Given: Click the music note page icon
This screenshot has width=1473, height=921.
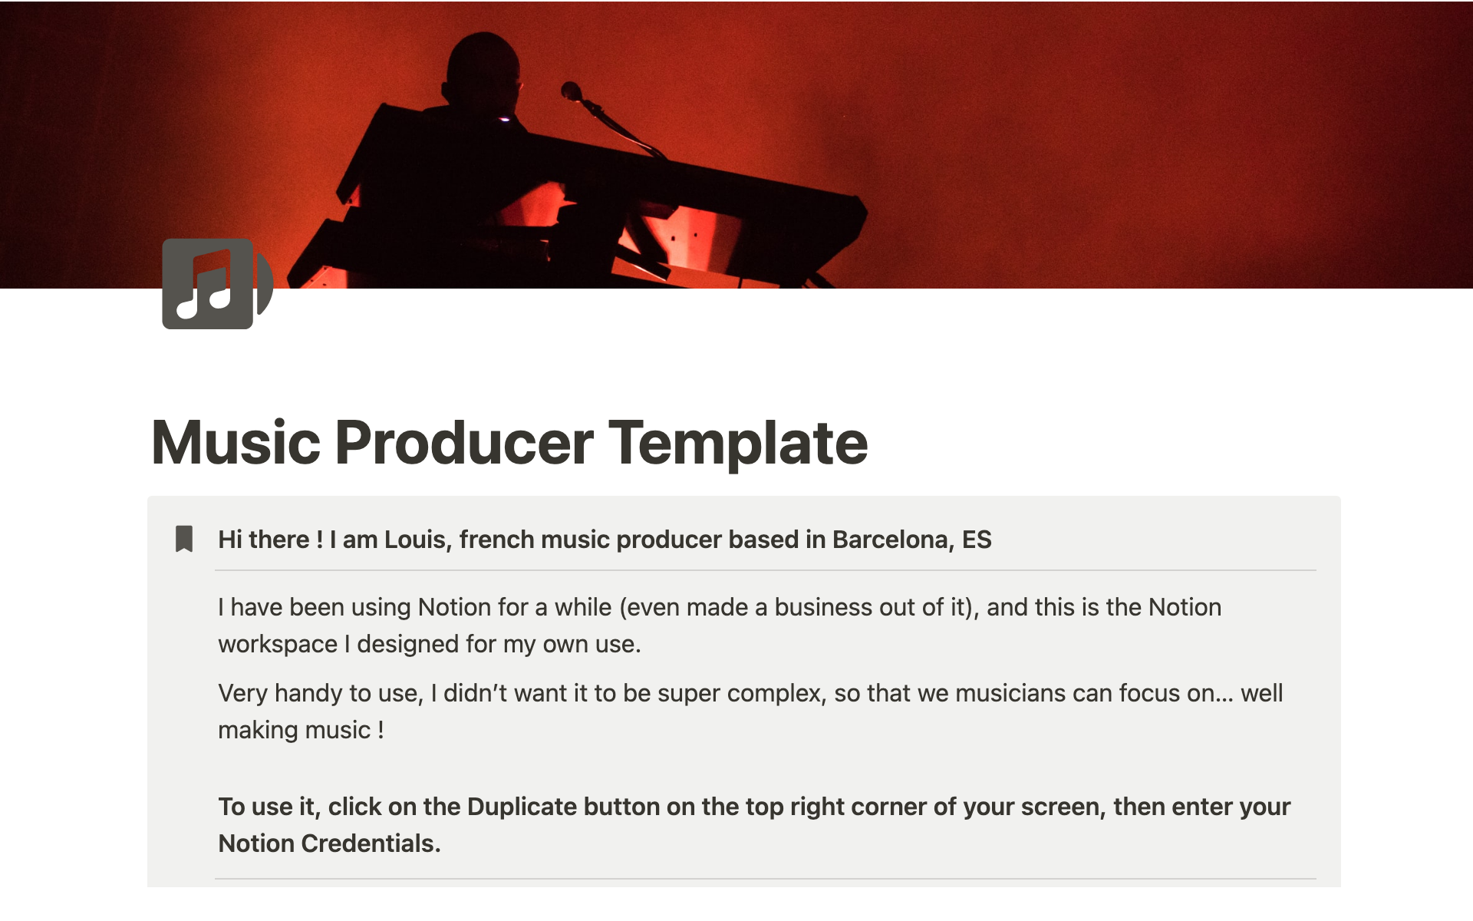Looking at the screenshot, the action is [x=218, y=283].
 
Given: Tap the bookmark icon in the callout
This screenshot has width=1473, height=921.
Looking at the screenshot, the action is [x=184, y=539].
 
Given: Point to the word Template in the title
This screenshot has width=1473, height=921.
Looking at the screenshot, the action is [x=738, y=444].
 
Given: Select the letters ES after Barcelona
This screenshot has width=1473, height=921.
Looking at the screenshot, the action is [x=977, y=540].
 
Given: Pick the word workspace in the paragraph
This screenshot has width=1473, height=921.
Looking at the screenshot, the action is [x=278, y=644].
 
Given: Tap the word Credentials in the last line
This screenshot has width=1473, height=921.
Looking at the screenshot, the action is [x=371, y=843].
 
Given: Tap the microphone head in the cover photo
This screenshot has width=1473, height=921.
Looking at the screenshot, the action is [x=571, y=91].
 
